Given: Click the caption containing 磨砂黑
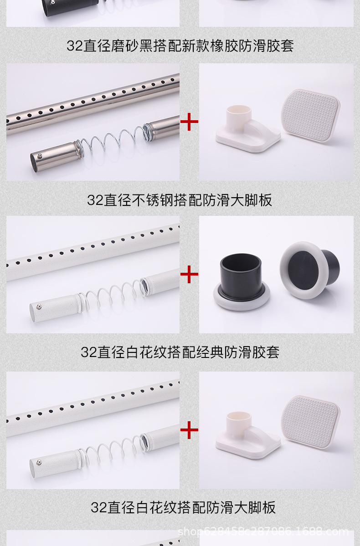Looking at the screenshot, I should click(x=180, y=46).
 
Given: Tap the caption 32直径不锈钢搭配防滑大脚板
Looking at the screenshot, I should click(x=180, y=200).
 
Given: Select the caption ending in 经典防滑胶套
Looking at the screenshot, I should click(x=180, y=352).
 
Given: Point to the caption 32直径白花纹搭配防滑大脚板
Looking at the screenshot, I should click(x=183, y=507).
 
